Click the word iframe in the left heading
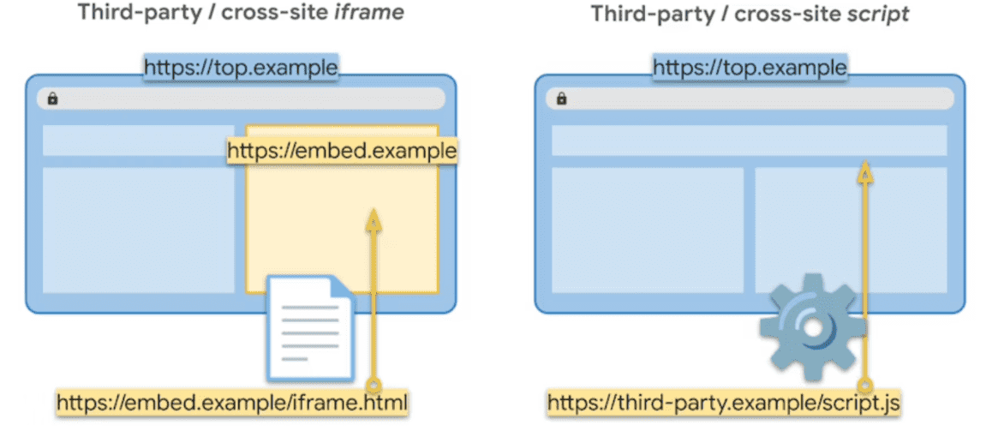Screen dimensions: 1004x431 (x=369, y=13)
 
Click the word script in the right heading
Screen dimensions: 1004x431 (x=877, y=14)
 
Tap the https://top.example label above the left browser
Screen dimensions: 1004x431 (x=241, y=67)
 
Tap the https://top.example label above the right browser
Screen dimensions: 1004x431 (x=750, y=67)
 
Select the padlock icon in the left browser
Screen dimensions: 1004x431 (x=52, y=98)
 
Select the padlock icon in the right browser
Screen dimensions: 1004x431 (x=562, y=98)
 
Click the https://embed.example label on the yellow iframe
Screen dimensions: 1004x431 (x=343, y=151)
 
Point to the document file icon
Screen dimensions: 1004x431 (x=311, y=327)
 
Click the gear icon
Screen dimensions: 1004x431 (x=813, y=328)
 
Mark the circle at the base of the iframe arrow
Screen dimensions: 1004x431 (x=374, y=385)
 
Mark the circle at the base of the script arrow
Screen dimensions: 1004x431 (x=865, y=385)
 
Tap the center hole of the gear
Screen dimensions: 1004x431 (x=813, y=328)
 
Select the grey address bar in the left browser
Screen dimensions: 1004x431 (x=241, y=98)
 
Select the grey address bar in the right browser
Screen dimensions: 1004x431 (x=750, y=98)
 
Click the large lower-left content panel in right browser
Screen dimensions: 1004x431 (x=648, y=230)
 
